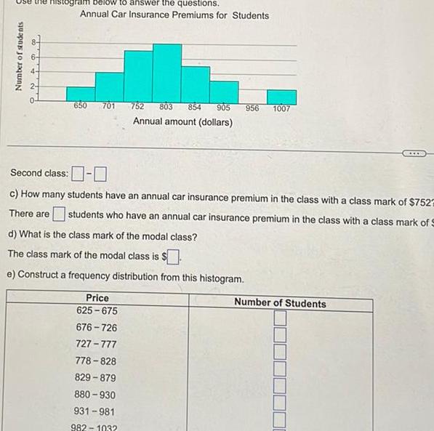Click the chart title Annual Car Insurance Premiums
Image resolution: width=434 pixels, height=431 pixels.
174,15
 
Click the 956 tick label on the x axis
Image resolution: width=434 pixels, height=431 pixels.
252,108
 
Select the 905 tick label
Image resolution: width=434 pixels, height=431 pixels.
223,108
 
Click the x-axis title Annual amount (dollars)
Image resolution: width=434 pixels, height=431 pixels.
182,121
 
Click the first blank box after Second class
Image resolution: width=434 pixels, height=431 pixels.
77,174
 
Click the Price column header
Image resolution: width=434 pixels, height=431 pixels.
97,298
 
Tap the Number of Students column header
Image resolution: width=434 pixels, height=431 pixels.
280,303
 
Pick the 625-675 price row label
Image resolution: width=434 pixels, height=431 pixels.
97,310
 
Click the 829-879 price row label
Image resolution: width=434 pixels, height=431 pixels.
96,378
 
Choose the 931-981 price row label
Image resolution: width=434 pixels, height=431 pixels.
96,411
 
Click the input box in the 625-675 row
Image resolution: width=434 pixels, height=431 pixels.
281,318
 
